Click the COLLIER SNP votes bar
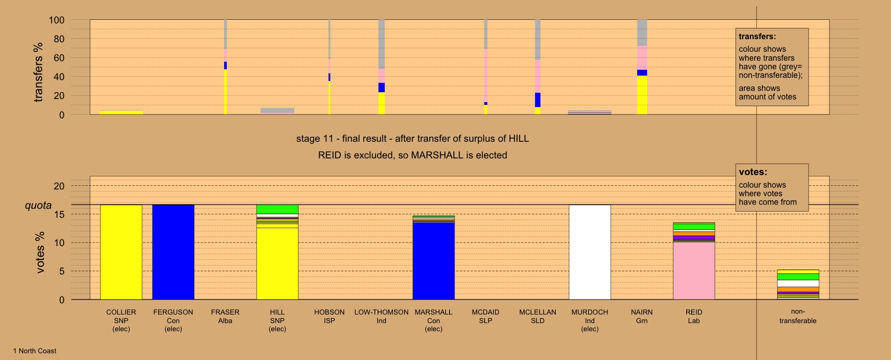121,252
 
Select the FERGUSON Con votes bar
173,252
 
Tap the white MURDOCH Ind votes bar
589,252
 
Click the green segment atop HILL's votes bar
277,209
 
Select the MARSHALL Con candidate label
433,320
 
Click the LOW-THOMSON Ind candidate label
381,316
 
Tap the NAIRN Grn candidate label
642,316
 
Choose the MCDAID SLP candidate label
486,316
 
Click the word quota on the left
38,206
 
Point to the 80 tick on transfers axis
59,39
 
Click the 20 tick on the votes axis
59,186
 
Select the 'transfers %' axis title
38,72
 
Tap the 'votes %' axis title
40,252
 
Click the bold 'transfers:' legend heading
757,36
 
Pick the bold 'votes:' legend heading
753,172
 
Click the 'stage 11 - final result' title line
412,139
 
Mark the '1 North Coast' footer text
35,351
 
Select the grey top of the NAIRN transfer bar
642,32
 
